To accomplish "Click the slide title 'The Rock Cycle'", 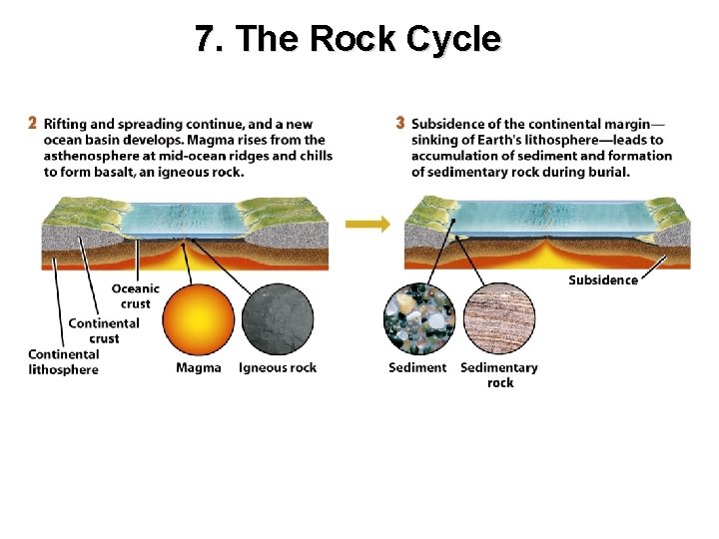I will coord(348,39).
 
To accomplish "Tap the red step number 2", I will coord(32,124).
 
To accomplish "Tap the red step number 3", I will coord(400,124).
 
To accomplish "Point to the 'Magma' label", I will coord(199,368).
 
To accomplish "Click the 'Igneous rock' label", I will coord(278,368).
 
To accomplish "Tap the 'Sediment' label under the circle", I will coord(417,368).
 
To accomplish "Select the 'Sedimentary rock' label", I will coord(499,375).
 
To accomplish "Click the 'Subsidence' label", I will coord(603,280).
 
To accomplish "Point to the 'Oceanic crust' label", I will coord(135,296).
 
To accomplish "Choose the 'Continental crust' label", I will coord(104,330).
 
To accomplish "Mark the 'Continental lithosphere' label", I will coord(64,362).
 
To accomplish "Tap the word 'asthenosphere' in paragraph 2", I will coord(89,156).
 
